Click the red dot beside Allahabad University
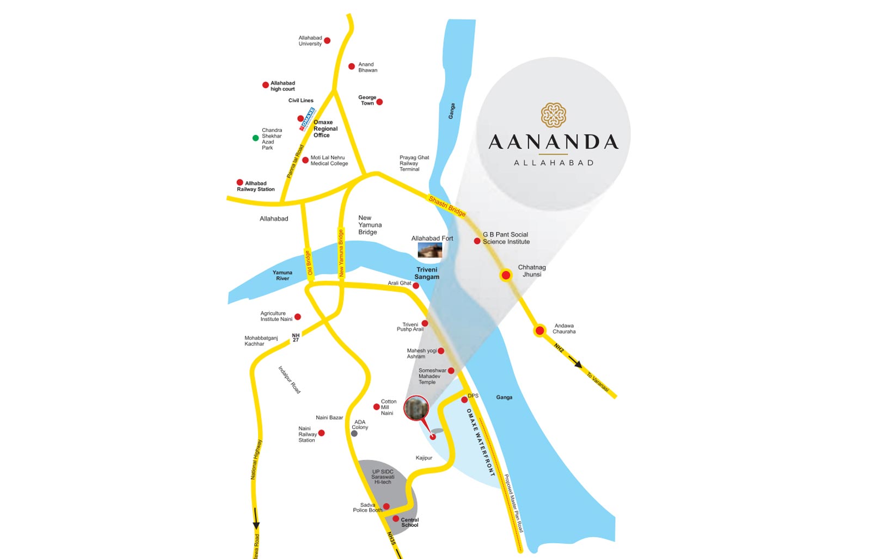327,41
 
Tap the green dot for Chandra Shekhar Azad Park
255,138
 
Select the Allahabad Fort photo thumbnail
430,250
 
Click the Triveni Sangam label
427,273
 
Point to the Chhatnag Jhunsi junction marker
506,275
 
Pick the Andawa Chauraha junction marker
539,330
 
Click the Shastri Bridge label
447,206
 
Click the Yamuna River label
283,275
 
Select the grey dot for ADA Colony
354,433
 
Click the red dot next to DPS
464,400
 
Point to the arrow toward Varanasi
576,363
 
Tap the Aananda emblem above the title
554,115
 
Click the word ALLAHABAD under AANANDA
554,163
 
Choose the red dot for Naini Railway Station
321,433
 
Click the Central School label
410,523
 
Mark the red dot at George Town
379,102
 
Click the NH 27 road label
296,338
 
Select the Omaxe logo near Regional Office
308,119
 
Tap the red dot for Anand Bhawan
352,66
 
